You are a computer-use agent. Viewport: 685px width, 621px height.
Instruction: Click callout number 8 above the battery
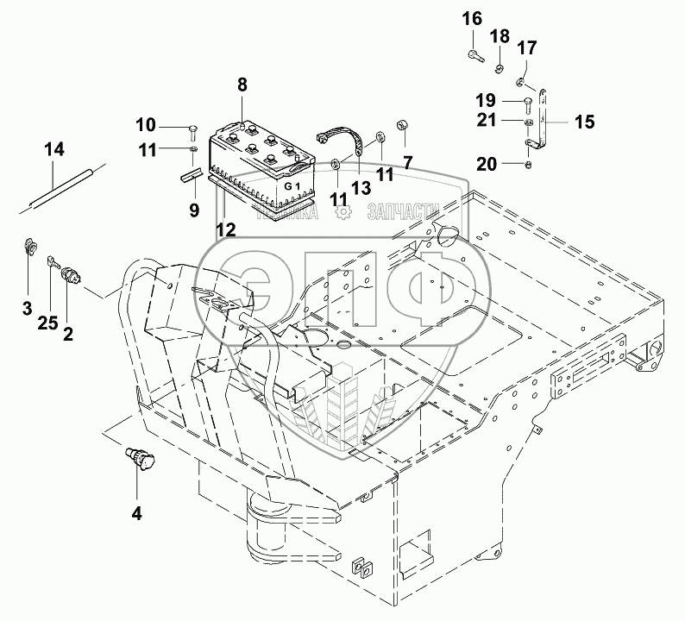(242, 85)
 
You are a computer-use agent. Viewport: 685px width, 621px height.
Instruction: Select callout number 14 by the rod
(53, 149)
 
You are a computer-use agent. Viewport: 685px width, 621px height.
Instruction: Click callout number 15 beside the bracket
(584, 122)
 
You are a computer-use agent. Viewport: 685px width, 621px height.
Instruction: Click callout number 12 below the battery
(225, 229)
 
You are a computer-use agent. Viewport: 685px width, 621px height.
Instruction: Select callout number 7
(407, 161)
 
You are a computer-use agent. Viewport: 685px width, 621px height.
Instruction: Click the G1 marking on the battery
(293, 186)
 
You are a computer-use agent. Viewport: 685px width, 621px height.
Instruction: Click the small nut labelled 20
(529, 164)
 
